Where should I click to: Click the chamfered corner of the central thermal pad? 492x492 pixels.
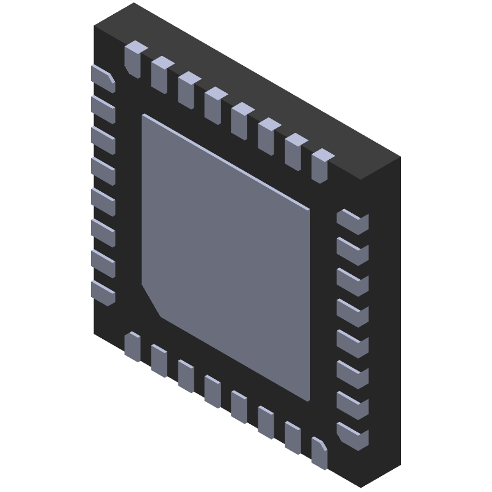pyautogui.click(x=151, y=301)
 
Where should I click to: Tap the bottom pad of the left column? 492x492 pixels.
pyautogui.click(x=103, y=293)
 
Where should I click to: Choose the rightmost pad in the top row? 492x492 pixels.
pyautogui.click(x=321, y=165)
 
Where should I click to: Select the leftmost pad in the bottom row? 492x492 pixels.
pyautogui.click(x=132, y=347)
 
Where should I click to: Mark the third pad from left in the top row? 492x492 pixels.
pyautogui.click(x=188, y=89)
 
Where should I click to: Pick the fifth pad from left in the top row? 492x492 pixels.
pyautogui.click(x=242, y=120)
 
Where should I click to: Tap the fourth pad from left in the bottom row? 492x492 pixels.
pyautogui.click(x=213, y=392)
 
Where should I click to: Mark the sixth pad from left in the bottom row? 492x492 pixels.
pyautogui.click(x=266, y=422)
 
